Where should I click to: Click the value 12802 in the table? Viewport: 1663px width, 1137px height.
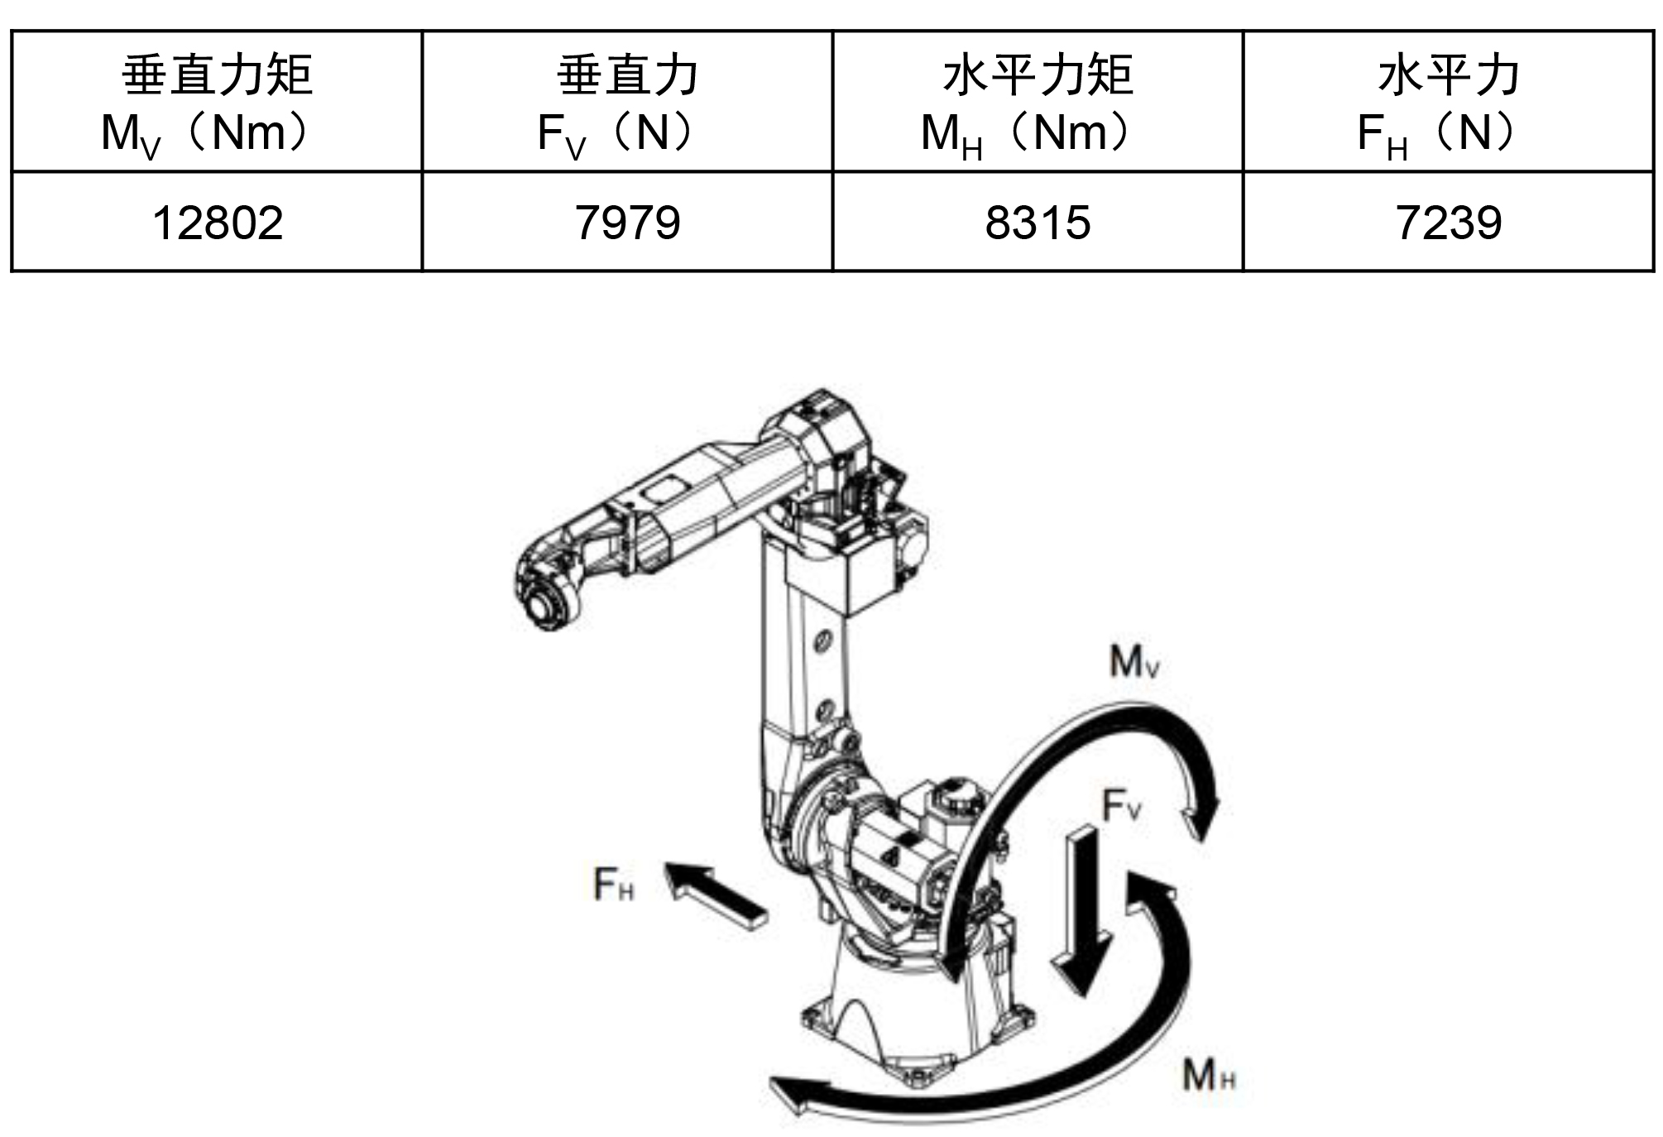(218, 223)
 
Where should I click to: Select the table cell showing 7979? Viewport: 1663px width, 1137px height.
(628, 223)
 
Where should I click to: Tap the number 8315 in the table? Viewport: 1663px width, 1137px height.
(1038, 223)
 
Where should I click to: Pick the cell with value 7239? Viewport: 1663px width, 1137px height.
(1449, 223)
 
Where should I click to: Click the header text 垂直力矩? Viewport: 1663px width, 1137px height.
(218, 74)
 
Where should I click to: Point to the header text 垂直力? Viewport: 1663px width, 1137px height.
(628, 74)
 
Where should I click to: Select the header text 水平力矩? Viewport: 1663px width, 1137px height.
(1038, 74)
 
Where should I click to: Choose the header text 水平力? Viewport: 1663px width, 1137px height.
(1449, 74)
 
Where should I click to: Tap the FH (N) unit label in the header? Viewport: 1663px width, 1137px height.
(1440, 134)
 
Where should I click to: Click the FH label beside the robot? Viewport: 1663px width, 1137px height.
(614, 883)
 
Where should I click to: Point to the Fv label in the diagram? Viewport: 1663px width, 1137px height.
(1122, 804)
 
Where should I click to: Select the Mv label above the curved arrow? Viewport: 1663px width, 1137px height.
(1133, 662)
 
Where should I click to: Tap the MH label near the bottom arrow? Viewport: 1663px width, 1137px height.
(1209, 1075)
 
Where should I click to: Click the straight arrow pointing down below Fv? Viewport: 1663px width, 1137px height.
(1082, 910)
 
